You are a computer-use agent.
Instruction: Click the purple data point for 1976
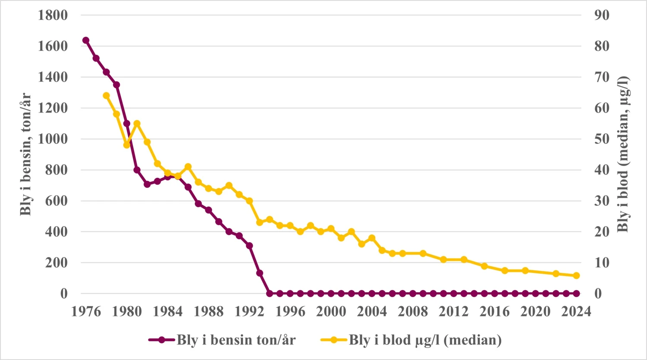(x=86, y=40)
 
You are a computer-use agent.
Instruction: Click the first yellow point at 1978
(x=107, y=95)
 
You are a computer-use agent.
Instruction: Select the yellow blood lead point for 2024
(x=576, y=275)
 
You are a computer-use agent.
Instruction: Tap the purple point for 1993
(x=260, y=273)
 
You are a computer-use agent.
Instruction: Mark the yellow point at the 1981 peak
(x=137, y=123)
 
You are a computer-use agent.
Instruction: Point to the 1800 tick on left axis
(x=53, y=15)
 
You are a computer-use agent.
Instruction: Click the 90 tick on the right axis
(x=602, y=15)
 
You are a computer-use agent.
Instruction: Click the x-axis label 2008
(x=413, y=311)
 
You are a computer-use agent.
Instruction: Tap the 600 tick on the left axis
(x=57, y=201)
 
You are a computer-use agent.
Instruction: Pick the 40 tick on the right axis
(x=602, y=170)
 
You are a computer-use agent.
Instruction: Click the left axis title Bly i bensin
(x=26, y=154)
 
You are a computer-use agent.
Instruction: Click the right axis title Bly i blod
(x=623, y=154)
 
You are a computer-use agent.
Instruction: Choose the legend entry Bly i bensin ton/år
(x=236, y=340)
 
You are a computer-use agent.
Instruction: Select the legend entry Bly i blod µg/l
(x=425, y=340)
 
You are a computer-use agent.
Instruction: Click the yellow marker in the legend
(x=334, y=340)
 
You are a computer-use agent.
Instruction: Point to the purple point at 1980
(x=127, y=123)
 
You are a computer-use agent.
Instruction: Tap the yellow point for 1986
(x=188, y=167)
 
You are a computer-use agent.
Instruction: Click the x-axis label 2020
(x=535, y=311)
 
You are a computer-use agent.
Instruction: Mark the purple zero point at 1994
(x=270, y=294)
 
